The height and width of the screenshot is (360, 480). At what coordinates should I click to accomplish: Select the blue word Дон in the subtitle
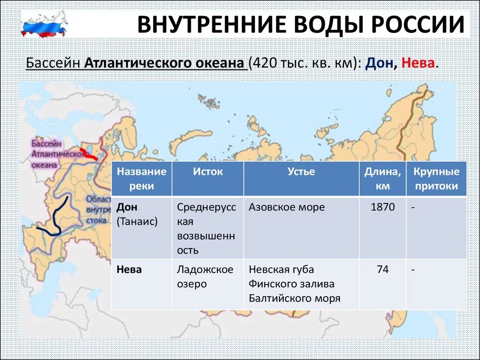tap(379, 63)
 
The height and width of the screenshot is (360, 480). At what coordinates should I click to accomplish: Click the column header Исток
tap(208, 172)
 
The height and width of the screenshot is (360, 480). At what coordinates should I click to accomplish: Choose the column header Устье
tap(301, 172)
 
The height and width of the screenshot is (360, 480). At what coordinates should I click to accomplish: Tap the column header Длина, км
tap(382, 179)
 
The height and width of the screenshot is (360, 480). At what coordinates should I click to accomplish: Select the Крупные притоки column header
tap(436, 179)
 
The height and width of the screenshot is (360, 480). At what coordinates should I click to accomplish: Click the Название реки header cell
tap(142, 179)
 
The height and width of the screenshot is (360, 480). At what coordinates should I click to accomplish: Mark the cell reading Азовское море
tap(286, 207)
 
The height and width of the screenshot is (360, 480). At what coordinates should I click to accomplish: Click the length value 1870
tap(382, 207)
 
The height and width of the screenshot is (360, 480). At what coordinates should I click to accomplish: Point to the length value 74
tap(382, 270)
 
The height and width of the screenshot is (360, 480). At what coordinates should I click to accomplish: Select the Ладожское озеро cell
tap(205, 277)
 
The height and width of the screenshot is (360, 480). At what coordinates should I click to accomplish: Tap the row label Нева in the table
tap(129, 270)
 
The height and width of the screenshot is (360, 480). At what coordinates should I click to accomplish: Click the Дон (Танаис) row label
tap(137, 214)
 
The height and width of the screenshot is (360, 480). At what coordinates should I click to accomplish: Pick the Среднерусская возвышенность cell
tap(206, 228)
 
